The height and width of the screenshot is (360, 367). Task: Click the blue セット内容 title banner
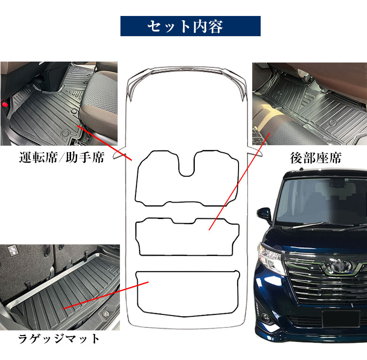190,26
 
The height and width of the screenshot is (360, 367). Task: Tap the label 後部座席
315,157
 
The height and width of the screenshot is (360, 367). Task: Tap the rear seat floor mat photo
309,103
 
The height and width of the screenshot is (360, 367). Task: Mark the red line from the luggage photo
106,295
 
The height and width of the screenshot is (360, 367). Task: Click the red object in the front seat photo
4,102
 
